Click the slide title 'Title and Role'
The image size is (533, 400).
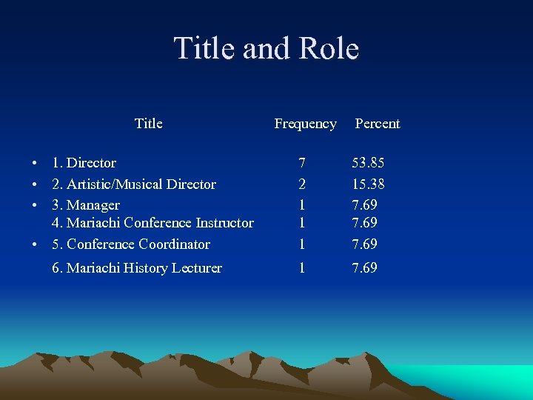[266, 49]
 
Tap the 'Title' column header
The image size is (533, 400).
[149, 124]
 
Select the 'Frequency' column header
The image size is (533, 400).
[305, 124]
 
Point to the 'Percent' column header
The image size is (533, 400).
[377, 124]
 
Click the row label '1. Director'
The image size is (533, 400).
[84, 163]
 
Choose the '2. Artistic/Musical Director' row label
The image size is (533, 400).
[133, 184]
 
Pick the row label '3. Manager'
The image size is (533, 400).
[85, 205]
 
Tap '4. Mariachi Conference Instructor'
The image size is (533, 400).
[152, 223]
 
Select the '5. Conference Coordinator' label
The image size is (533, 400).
[130, 244]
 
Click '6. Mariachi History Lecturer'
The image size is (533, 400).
[136, 268]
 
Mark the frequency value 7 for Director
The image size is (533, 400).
[301, 163]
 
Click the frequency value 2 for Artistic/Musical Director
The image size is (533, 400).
[301, 184]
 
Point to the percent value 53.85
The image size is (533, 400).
[368, 163]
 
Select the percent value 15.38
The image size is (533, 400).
[368, 184]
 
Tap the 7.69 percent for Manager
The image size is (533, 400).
[364, 205]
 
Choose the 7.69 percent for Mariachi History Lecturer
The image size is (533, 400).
[364, 268]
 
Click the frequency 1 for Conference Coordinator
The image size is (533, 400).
[301, 244]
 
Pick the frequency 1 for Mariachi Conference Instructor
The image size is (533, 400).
[301, 223]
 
